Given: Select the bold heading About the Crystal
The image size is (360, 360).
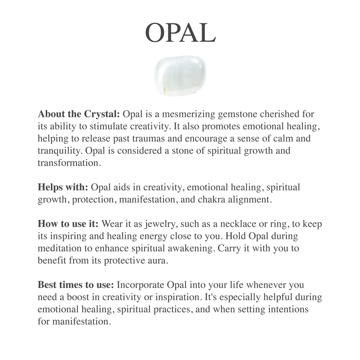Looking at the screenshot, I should (79, 114).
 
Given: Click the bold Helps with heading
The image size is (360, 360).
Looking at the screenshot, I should (63, 187).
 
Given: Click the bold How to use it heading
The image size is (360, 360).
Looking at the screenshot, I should (68, 224).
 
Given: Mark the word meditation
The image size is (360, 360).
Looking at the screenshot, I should (63, 248).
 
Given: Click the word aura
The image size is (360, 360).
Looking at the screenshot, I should (158, 260).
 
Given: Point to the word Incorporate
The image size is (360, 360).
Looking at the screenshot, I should (143, 284).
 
